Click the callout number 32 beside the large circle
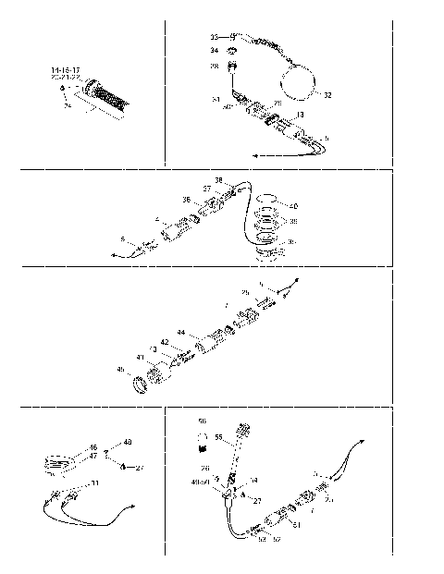[327, 94]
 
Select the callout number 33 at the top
[214, 36]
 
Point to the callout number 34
[214, 51]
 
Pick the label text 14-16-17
[67, 70]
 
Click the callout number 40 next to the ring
[293, 205]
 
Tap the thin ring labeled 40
[265, 199]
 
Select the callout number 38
[219, 180]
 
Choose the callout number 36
[186, 199]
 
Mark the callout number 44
[181, 332]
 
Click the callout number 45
[119, 370]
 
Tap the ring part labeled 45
[143, 381]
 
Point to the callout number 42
[164, 342]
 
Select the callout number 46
[93, 447]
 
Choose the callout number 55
[219, 436]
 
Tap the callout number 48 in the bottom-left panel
[128, 442]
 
